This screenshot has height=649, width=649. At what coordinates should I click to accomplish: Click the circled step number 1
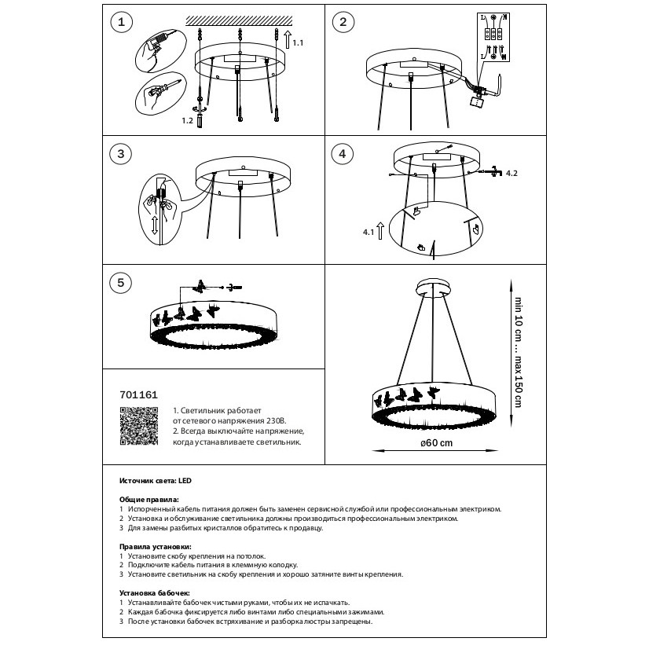[x=120, y=23]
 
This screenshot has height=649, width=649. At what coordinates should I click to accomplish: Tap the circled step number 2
[x=342, y=23]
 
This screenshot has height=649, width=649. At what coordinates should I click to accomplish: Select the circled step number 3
[x=120, y=154]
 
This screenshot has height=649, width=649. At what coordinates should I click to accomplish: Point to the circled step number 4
[x=342, y=154]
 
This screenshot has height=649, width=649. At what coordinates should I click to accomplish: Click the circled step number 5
[x=120, y=284]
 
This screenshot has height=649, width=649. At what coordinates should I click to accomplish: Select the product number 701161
[x=134, y=398]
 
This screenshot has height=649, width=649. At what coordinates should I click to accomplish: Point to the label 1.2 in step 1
[x=186, y=121]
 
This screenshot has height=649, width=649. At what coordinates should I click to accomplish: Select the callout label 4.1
[x=367, y=233]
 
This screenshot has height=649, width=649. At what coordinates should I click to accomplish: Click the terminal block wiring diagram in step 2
[x=493, y=36]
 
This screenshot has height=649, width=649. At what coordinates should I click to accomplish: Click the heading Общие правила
[x=148, y=500]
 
